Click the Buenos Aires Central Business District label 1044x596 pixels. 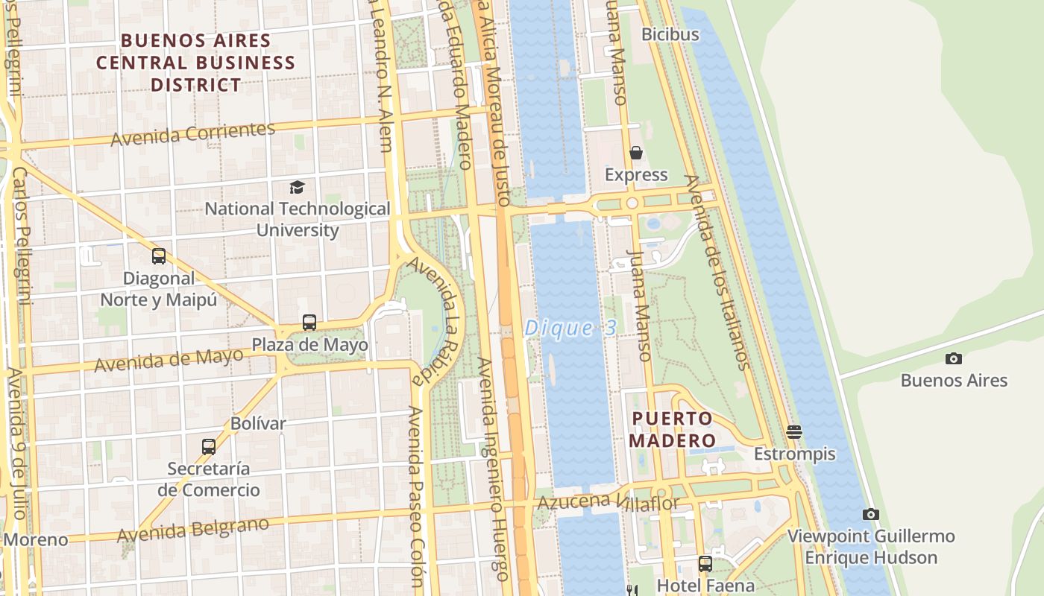click(195, 63)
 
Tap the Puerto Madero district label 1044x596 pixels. click(672, 429)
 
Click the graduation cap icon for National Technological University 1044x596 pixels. click(297, 187)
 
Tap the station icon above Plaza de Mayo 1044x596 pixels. click(309, 323)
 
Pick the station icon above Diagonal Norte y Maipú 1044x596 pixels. click(159, 256)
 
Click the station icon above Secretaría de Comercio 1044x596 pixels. click(209, 447)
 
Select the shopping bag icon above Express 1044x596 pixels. click(636, 153)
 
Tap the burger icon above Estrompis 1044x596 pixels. click(794, 432)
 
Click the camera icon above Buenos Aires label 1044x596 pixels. click(953, 359)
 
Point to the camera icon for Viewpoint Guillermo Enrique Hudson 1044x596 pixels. click(870, 514)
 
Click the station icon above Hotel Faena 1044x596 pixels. click(705, 563)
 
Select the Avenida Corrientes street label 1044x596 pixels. click(193, 134)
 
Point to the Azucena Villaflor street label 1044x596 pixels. click(608, 502)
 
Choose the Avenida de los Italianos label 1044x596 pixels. click(716, 272)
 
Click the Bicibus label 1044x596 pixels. click(670, 34)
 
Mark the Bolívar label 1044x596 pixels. click(258, 423)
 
